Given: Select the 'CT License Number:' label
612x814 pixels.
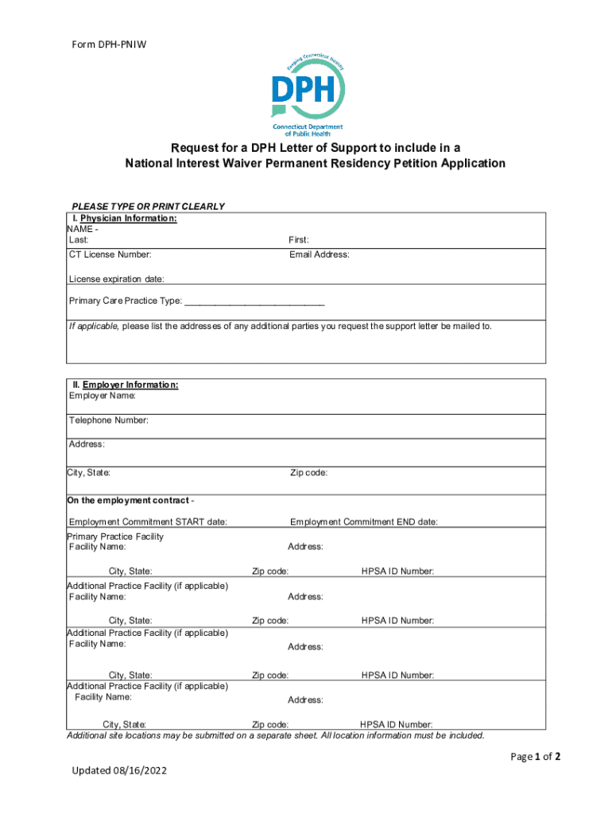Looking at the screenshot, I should point(110,255).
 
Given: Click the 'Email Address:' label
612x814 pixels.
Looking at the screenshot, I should point(319,255).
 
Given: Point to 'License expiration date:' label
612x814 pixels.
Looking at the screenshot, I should point(117,279).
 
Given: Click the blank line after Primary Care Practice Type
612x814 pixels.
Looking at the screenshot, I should point(254,302).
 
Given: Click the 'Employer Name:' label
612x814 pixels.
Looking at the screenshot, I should point(103,396).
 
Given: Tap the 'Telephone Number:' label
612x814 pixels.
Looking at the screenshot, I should point(109,421).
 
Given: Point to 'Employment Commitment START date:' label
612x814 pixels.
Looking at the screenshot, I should point(149,522).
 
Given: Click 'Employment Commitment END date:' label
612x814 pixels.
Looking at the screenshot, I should point(364,522).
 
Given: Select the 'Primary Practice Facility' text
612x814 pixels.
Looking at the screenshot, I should point(115,537).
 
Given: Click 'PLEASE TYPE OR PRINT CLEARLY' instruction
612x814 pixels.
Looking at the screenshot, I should point(149,207).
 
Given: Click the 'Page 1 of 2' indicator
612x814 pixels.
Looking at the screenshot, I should point(536,757).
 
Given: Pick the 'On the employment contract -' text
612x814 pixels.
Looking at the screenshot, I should point(131,501).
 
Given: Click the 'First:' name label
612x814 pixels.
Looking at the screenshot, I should point(299,240).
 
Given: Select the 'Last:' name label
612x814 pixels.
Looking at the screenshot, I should point(79,240).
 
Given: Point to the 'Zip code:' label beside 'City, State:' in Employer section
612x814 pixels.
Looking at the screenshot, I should point(309,473).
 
